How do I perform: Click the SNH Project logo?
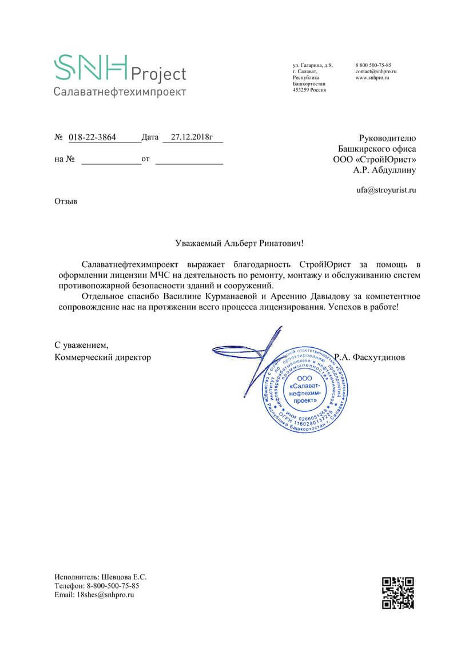tap(120, 68)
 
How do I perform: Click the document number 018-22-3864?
tap(92, 137)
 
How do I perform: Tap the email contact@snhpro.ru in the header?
tap(376, 72)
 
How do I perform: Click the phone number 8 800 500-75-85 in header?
tap(373, 65)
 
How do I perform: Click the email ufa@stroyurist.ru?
tap(386, 189)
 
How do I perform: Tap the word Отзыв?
tap(65, 201)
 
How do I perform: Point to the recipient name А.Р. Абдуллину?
tap(385, 169)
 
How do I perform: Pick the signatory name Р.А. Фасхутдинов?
tap(370, 357)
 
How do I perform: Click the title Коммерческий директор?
tap(103, 357)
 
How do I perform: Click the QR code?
tap(398, 593)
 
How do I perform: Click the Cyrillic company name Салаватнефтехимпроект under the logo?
tap(120, 92)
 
